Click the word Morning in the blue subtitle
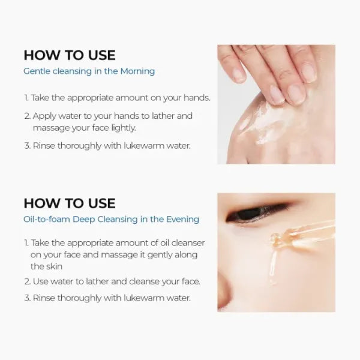point(137,71)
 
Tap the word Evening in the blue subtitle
point(182,219)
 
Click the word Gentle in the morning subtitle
point(37,71)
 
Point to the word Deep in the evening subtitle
point(84,220)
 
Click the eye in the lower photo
point(258,213)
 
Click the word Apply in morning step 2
point(45,116)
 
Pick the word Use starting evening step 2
point(41,281)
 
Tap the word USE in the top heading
point(102,55)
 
